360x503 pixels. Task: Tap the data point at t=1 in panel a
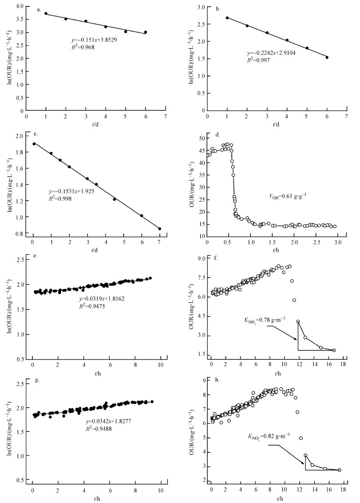pos(46,13)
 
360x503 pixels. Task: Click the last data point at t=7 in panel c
pos(160,229)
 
